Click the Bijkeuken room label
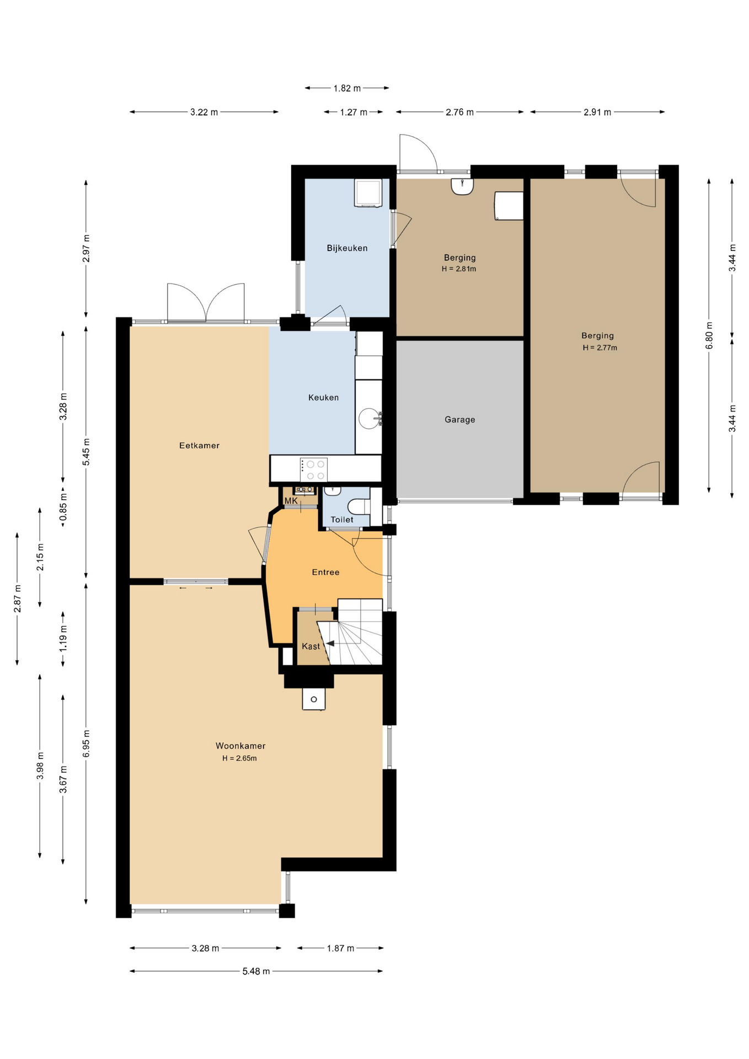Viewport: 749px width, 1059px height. pos(347,248)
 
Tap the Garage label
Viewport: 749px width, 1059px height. pos(460,420)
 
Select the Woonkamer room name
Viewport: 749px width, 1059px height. pos(240,746)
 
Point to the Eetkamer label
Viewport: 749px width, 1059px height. pos(199,446)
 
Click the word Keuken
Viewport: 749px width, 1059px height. pos(324,398)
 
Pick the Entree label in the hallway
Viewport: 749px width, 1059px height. pos(326,573)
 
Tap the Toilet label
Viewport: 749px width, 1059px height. pos(342,520)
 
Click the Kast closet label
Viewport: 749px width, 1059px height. pos(311,646)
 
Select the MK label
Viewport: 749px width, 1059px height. pos(291,501)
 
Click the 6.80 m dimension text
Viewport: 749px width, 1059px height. pos(709,335)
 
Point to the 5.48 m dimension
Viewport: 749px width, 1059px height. pos(256,971)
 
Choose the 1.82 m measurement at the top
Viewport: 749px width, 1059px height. pos(347,88)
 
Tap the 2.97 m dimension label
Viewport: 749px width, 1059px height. pos(86,248)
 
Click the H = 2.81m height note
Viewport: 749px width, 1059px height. pos(459,269)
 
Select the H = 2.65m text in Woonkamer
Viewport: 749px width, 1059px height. pos(239,758)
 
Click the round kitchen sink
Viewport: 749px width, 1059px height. pos(369,419)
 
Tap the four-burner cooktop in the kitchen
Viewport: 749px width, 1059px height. pos(314,469)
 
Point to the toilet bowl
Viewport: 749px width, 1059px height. pos(359,506)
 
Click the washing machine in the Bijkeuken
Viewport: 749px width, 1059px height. pos(368,193)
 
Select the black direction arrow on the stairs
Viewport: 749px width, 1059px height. pos(330,643)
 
